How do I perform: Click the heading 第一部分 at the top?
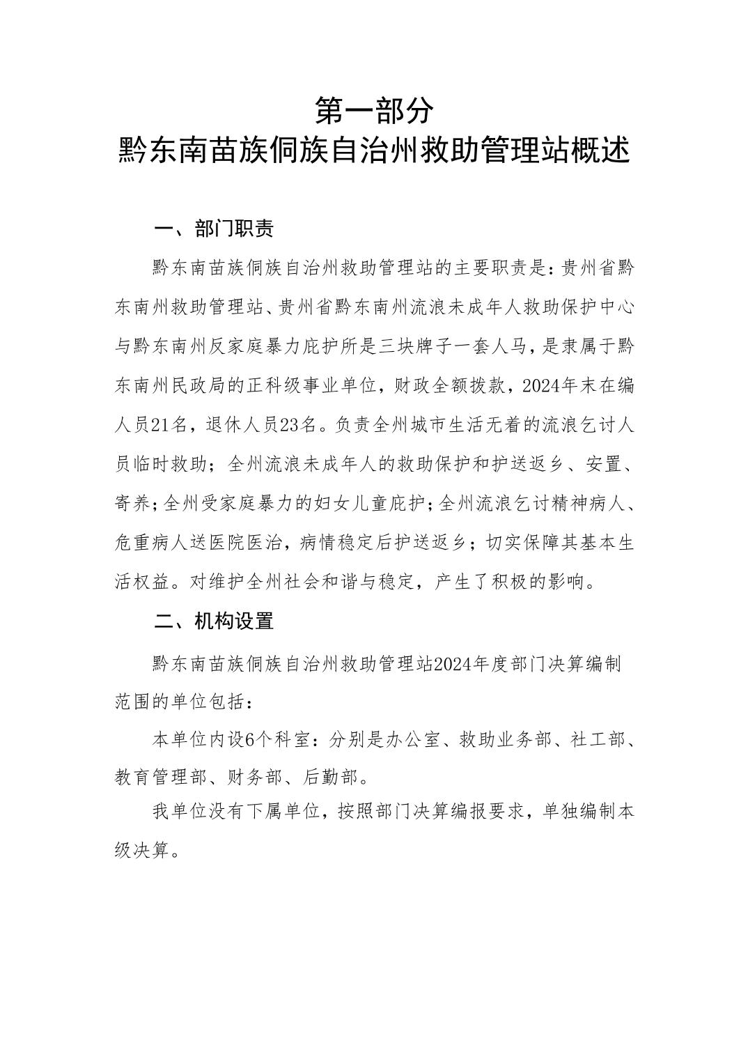tap(374, 110)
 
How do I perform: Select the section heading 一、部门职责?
tap(214, 229)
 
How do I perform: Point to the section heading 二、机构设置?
tap(214, 621)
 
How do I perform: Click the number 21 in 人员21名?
tap(162, 424)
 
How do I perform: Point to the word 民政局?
tap(200, 385)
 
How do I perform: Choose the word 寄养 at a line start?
tap(132, 503)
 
